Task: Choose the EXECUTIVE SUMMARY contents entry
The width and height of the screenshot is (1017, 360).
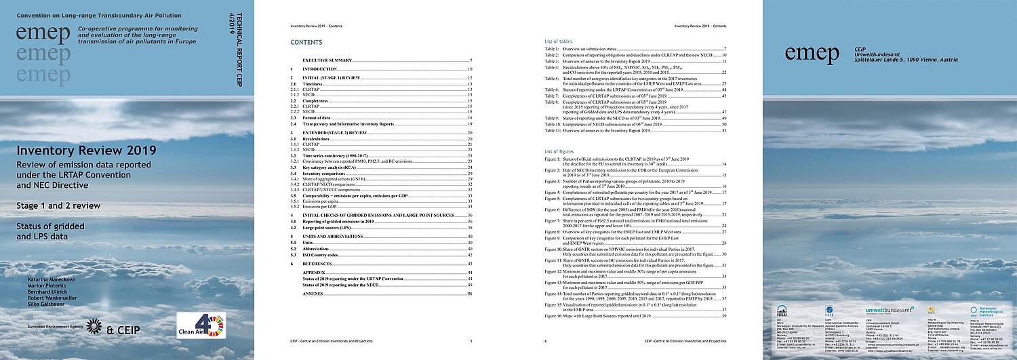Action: [332, 61]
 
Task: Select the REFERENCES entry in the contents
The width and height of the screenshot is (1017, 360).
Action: [321, 263]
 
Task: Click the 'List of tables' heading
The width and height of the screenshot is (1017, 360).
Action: [559, 41]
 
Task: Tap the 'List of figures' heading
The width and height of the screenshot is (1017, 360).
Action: [559, 150]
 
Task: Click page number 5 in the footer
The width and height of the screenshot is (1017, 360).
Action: [471, 342]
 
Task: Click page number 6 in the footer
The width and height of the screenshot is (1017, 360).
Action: [546, 342]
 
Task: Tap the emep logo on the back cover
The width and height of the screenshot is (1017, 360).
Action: [808, 52]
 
